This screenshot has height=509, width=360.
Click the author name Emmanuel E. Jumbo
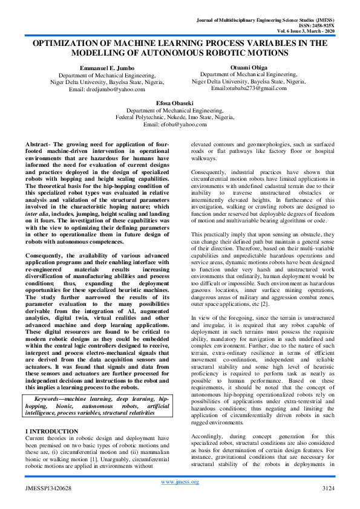[97, 67]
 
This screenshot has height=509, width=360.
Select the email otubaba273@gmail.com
[257, 88]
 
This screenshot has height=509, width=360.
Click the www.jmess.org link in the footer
[180, 481]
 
